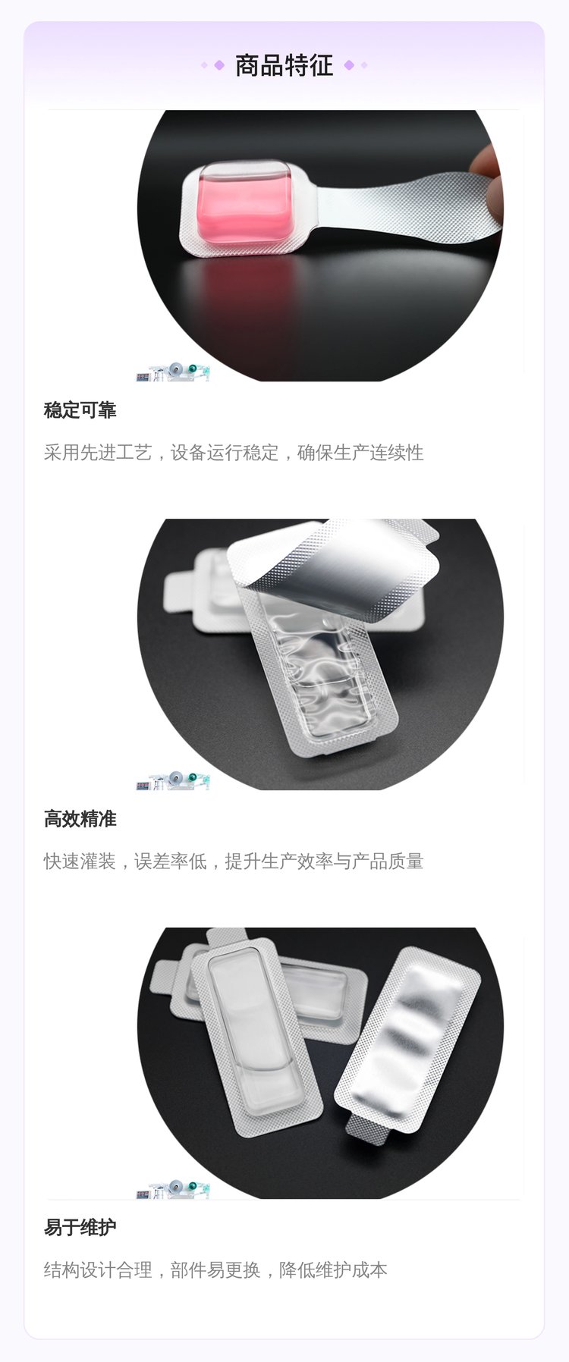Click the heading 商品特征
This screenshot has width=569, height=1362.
(x=284, y=65)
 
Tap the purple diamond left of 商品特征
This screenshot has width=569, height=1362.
(x=219, y=65)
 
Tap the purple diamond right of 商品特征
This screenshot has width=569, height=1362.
(x=349, y=65)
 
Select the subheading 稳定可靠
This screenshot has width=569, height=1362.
(x=80, y=410)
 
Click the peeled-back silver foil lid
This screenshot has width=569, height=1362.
(x=334, y=561)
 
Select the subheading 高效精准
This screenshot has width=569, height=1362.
(x=80, y=819)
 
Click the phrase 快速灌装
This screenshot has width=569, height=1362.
(x=80, y=861)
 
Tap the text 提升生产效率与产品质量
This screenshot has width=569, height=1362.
(x=324, y=861)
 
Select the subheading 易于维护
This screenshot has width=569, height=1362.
(x=80, y=1228)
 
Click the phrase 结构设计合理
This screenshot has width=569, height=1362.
(x=98, y=1270)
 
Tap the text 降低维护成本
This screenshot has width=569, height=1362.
(x=333, y=1270)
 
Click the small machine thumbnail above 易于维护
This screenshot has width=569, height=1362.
(x=172, y=1189)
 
